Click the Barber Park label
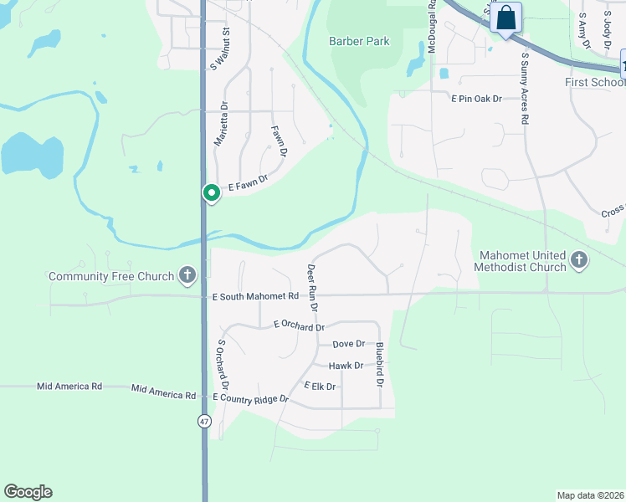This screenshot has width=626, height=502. pos(359,40)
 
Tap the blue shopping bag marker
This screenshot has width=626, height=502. pos(506,18)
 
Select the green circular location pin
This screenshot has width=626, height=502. pos(212,193)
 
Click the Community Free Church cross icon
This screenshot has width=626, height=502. pos(187,275)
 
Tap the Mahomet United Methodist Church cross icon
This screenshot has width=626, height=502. pos(578,261)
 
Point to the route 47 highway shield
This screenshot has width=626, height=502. pos(204,421)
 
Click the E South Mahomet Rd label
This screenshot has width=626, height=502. pos(255,296)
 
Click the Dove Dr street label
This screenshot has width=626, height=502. pos(349,344)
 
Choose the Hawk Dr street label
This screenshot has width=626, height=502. pos(346,366)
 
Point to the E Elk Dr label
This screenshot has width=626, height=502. pos(320,386)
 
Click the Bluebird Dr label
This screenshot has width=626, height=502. pos(379,366)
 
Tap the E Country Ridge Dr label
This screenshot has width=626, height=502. pos(250,398)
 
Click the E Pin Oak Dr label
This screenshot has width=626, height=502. pos(476,99)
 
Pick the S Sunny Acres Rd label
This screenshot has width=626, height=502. pos(525,89)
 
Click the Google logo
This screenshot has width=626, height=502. pos(28,492)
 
